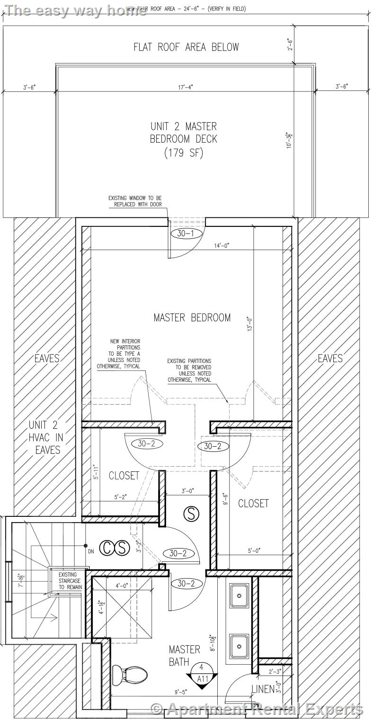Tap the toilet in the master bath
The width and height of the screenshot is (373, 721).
pyautogui.click(x=126, y=673)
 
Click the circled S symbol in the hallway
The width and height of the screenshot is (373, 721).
pyautogui.click(x=191, y=514)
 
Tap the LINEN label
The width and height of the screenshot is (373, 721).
pyautogui.click(x=263, y=689)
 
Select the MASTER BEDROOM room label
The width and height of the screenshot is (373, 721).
pyautogui.click(x=192, y=317)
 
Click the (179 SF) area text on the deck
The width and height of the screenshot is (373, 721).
pyautogui.click(x=184, y=153)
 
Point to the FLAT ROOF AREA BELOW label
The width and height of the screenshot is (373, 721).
pyautogui.click(x=186, y=47)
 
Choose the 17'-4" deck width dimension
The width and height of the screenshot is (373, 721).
pyautogui.click(x=186, y=87)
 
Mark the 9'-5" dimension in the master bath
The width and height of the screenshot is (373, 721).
pyautogui.click(x=180, y=692)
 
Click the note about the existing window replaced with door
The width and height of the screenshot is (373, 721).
pyautogui.click(x=135, y=201)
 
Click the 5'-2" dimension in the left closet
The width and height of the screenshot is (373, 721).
pyautogui.click(x=120, y=497)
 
